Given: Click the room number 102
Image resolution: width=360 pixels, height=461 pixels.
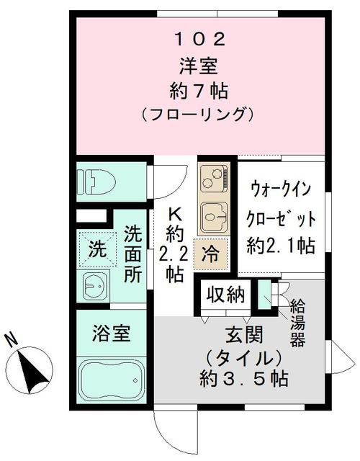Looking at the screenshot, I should [196, 37].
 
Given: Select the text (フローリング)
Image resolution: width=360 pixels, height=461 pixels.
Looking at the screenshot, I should [196, 113].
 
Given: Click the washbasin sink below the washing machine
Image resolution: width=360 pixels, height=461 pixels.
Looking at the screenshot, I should [96, 287].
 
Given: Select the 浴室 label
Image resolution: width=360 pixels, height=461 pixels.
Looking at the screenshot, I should [111, 334].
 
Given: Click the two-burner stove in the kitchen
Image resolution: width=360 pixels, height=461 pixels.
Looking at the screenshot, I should [213, 178].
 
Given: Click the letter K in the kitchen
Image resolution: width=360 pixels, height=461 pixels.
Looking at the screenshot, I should [175, 214].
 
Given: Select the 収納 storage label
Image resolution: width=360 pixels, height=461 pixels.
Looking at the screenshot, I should [225, 295].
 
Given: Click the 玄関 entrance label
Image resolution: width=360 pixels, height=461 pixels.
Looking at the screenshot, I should [237, 335].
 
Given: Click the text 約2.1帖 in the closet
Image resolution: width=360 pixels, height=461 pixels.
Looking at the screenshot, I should [280, 245].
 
